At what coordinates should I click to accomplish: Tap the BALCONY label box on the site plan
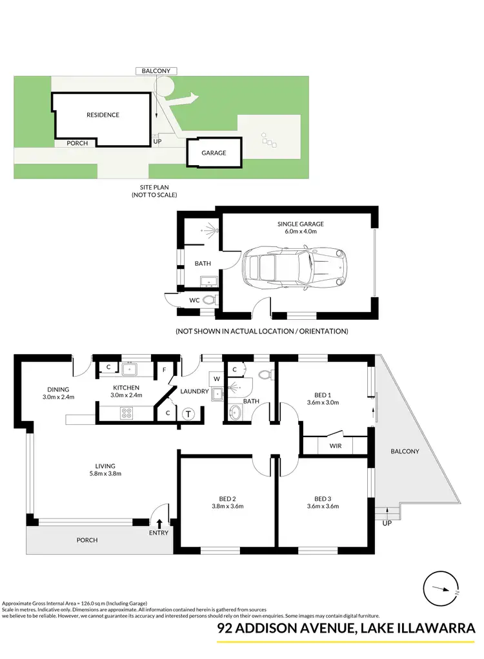point(156,70)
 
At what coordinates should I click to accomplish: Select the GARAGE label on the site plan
point(214,153)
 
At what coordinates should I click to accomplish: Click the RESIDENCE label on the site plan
point(103,115)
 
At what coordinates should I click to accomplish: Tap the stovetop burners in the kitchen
point(127,414)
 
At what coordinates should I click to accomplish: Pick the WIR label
point(335,446)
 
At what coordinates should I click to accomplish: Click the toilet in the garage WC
point(208,300)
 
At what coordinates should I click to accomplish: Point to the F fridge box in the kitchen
point(165,369)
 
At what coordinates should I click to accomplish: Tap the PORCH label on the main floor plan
point(86,540)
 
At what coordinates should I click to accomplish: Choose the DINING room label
point(58,389)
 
